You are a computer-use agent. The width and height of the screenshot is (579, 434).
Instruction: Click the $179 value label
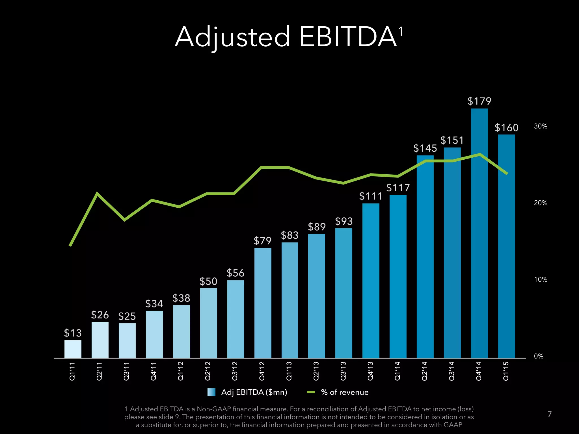tap(479, 101)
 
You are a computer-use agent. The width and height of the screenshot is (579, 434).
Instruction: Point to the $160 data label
tap(506, 128)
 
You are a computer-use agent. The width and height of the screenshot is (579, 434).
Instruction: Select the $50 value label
tap(208, 281)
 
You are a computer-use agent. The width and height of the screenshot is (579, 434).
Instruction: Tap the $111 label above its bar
tap(371, 196)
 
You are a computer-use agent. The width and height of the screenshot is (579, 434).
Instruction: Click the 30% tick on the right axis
tap(540, 126)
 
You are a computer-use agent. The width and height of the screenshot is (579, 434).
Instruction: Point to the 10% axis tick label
tap(540, 279)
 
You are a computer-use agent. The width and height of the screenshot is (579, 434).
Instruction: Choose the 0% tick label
tap(539, 356)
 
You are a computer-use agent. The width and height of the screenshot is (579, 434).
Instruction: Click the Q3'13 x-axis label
tap(343, 371)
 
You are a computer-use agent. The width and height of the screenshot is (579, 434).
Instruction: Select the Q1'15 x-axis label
tap(506, 371)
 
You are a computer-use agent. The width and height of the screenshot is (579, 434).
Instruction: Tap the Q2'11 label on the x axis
tap(100, 371)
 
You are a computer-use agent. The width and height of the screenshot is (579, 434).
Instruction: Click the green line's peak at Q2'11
tap(97, 194)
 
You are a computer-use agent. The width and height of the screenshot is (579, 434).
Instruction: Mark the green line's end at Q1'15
tap(507, 173)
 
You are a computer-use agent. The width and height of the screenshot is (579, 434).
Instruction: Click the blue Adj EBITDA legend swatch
tap(211, 392)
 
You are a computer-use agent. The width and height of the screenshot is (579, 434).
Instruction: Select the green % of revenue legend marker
tap(311, 392)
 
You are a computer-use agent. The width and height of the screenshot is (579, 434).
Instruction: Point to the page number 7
tap(549, 414)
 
